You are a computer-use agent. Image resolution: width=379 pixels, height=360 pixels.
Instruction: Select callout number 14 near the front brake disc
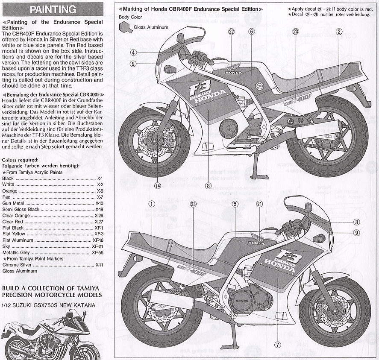point(157,185)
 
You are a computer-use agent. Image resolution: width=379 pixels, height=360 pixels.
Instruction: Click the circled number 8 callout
point(208,185)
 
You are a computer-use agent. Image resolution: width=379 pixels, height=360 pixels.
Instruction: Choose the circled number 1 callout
point(151,204)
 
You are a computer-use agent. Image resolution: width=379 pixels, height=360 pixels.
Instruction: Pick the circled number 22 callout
point(231,31)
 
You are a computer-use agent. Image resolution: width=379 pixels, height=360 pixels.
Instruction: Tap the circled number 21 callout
point(259,204)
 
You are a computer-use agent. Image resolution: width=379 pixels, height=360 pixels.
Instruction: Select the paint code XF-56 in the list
point(97,252)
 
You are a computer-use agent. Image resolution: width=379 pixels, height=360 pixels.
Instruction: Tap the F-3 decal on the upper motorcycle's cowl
point(198,90)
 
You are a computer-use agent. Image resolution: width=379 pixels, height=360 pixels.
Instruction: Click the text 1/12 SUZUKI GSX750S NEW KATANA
point(49,305)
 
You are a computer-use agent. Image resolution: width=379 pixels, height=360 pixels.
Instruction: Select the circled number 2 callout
point(338,31)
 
